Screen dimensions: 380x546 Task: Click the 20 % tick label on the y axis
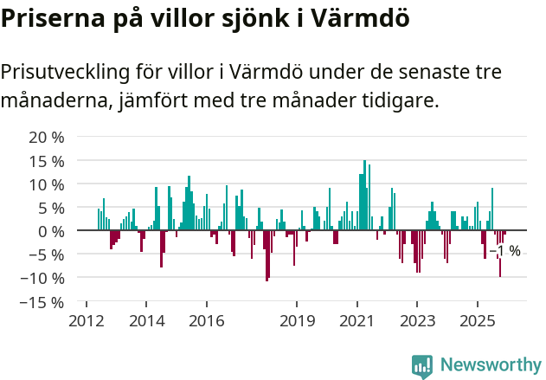click(47, 138)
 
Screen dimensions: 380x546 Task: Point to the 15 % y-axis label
click(47, 161)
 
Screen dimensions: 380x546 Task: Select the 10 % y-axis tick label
click(47, 184)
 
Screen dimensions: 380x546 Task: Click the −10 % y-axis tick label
click(43, 278)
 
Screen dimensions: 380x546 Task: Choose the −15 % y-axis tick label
click(43, 302)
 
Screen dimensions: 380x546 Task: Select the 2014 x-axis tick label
click(145, 321)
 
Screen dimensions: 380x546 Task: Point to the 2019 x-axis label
click(297, 321)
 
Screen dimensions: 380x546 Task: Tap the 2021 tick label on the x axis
click(357, 321)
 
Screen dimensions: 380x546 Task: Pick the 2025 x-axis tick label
click(477, 321)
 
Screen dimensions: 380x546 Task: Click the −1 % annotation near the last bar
click(505, 251)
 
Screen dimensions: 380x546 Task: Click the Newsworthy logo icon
click(422, 365)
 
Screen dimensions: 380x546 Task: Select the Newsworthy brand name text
click(491, 365)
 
